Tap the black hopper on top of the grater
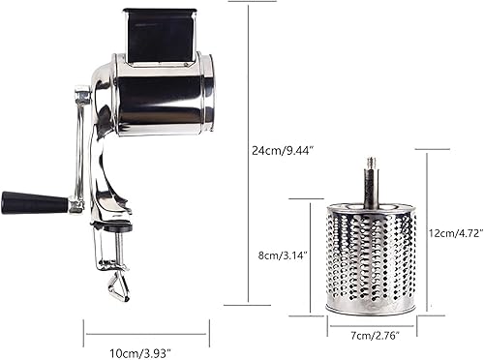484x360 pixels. coord(160,36)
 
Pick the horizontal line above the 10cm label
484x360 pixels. coord(145,334)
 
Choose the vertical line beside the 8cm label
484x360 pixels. coord(311,255)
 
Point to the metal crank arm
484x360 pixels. coord(76,145)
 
